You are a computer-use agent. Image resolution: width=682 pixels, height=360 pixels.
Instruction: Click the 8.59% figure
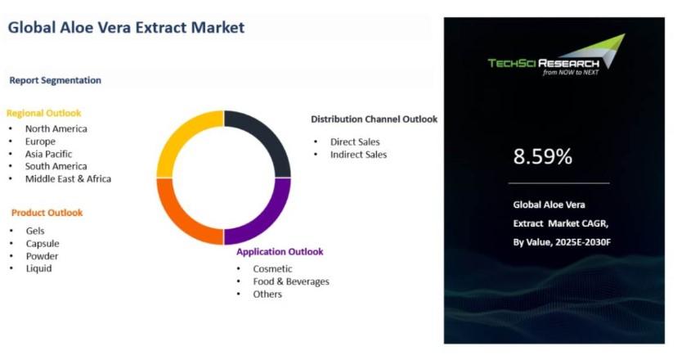(543, 156)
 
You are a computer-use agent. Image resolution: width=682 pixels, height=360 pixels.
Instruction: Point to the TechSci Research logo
(557, 56)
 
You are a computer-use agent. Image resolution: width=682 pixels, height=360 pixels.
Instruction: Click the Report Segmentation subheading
(56, 80)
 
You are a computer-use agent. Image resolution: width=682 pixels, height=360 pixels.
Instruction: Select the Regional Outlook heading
(44, 113)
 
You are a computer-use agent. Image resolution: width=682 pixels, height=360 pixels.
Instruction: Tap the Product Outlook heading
(47, 213)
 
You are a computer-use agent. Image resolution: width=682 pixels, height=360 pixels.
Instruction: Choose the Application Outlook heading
(280, 252)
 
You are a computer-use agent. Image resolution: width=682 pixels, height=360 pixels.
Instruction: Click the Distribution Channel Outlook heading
(374, 119)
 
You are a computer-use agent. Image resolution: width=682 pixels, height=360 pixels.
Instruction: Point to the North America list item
(56, 128)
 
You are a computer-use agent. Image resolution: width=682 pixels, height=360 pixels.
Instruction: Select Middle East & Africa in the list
(69, 179)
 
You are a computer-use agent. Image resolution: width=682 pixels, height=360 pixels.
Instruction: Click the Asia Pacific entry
(49, 154)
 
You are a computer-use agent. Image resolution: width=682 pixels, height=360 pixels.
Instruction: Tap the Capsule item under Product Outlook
(43, 244)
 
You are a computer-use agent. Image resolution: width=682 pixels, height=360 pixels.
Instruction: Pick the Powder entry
(43, 256)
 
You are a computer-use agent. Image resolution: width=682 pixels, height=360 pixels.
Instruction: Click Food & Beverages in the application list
(291, 281)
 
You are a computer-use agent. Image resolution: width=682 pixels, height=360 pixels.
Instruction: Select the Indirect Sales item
(358, 155)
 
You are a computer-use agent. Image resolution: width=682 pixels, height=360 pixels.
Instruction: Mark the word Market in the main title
(218, 28)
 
